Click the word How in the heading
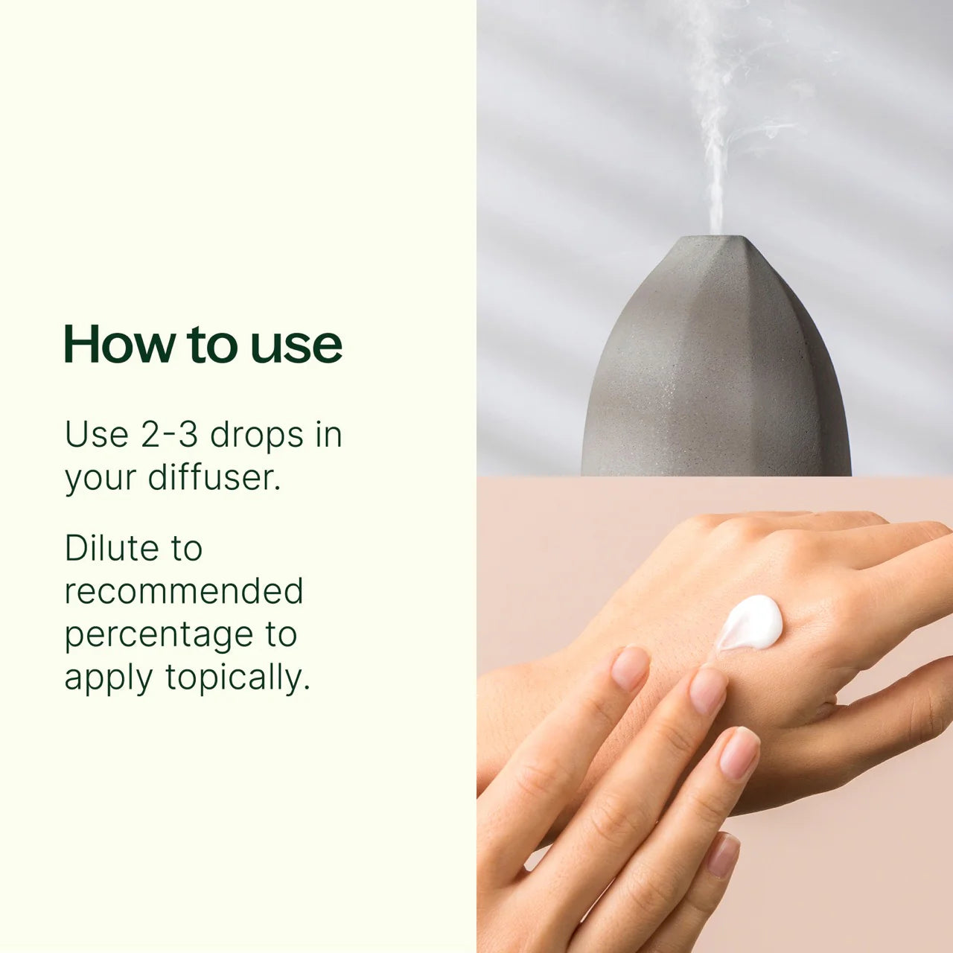(117, 344)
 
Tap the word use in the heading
(296, 345)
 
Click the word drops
(256, 435)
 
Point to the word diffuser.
(214, 477)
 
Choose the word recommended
(184, 592)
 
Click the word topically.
(237, 678)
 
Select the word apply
(109, 679)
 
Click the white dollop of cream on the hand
(750, 622)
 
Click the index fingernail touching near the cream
(707, 689)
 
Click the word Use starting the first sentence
(96, 435)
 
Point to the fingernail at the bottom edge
(722, 855)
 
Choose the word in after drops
(328, 435)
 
